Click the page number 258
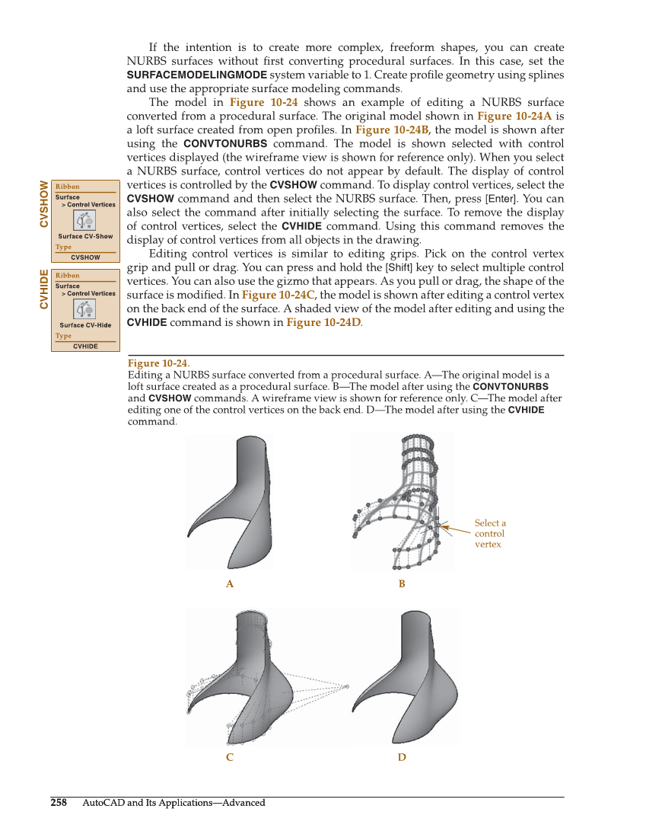click(x=59, y=802)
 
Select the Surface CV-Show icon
click(x=84, y=220)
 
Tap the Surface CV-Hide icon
click(x=84, y=309)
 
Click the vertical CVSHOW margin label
click(x=43, y=203)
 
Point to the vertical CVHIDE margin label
click(x=43, y=289)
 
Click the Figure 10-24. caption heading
click(x=159, y=363)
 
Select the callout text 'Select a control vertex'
click(x=489, y=533)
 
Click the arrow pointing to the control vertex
click(x=457, y=527)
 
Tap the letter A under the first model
click(x=229, y=583)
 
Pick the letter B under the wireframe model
click(x=402, y=583)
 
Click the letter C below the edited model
click(x=229, y=757)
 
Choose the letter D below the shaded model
click(x=402, y=757)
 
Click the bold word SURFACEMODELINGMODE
click(x=196, y=75)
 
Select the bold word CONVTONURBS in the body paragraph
click(x=225, y=143)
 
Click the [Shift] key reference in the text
click(x=400, y=267)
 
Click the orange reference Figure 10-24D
click(x=323, y=322)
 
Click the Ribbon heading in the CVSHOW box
click(x=68, y=187)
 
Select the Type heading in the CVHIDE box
click(x=64, y=336)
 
